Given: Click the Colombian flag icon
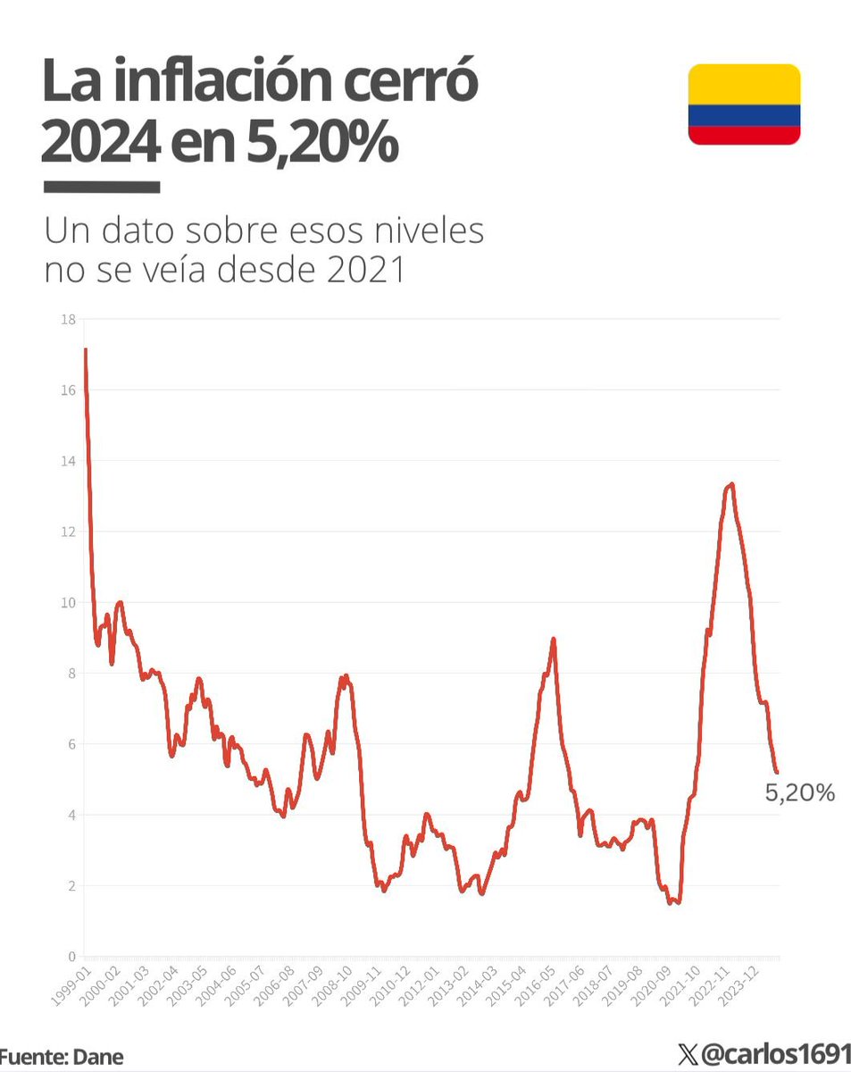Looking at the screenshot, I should coord(743,105).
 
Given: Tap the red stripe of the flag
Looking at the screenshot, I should coord(743,135).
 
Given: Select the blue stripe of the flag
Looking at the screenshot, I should coord(743,115).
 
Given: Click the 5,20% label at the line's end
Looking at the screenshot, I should coord(800,791).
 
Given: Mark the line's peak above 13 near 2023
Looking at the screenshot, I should coord(731,484).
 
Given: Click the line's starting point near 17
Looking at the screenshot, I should coord(86,349).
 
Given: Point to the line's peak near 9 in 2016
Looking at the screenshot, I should coord(554,639).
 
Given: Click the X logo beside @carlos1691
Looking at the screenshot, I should coord(687,1056).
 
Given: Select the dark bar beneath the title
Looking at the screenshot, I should coord(101,188).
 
